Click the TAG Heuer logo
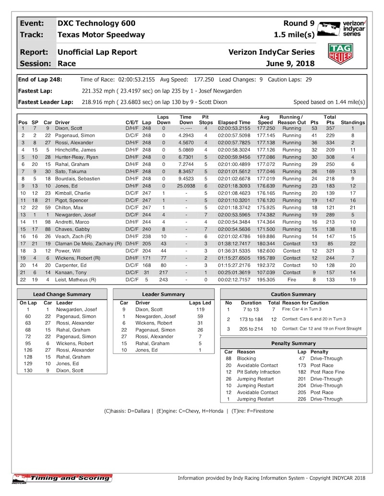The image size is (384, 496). pyautogui.click(x=339, y=54)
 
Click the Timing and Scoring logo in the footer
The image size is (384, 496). pyautogui.click(x=62, y=478)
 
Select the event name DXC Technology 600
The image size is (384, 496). pyautogui.click(x=96, y=23)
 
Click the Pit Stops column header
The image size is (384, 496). pyautogui.click(x=205, y=119)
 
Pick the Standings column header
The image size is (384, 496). pyautogui.click(x=353, y=122)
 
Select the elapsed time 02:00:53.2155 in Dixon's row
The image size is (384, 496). pyautogui.click(x=234, y=128)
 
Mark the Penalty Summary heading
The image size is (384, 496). pyautogui.click(x=293, y=344)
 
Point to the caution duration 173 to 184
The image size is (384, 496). pyautogui.click(x=251, y=319)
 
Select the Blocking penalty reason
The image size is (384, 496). pyautogui.click(x=247, y=358)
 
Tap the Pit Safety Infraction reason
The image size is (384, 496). pyautogui.click(x=259, y=372)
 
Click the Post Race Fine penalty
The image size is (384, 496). pyautogui.click(x=327, y=372)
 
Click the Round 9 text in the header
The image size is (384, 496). pyautogui.click(x=299, y=23)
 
